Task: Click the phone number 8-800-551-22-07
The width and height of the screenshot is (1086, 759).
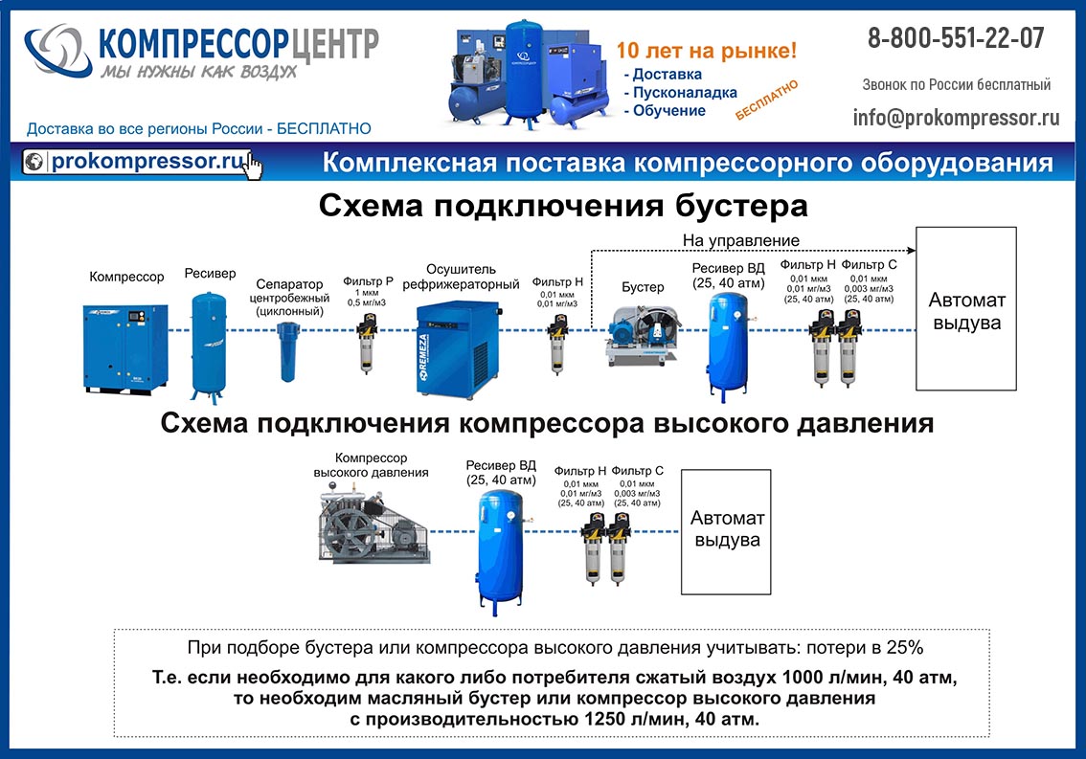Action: pos(956,38)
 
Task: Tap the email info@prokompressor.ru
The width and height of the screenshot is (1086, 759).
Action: pos(956,118)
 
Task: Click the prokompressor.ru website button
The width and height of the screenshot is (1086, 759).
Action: pos(144,162)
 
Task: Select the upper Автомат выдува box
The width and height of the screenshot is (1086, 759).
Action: pos(965,309)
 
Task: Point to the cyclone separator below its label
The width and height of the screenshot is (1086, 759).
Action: pos(288,350)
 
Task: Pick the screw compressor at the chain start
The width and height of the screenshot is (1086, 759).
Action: pos(124,346)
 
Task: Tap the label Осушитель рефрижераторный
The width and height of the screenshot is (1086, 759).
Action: pos(461,276)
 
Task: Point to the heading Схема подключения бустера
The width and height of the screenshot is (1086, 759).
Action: pos(562,206)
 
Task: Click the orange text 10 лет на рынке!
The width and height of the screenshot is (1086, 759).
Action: pos(706,50)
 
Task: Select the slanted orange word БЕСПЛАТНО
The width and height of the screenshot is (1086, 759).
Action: pos(767,100)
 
